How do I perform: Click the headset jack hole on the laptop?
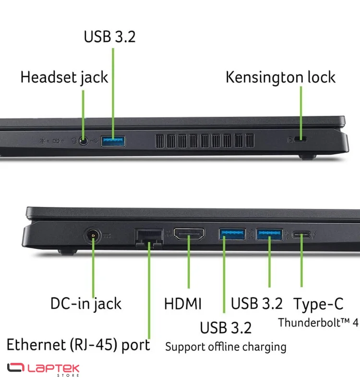[84, 141]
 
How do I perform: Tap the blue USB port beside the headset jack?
[113, 141]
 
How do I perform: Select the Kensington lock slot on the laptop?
[300, 139]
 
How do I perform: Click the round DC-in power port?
[93, 236]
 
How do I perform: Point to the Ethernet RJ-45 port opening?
[149, 238]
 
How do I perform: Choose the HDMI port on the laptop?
[189, 234]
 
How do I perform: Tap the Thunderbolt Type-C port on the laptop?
[301, 235]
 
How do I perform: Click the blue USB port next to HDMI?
[232, 234]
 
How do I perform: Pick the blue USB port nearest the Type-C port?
[269, 234]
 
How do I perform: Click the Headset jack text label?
[64, 77]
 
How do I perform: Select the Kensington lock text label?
[280, 77]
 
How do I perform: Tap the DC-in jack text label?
[86, 304]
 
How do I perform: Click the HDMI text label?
[183, 304]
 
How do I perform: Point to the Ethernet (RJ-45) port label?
[78, 345]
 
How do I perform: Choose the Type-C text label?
[318, 304]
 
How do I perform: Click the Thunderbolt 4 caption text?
[318, 323]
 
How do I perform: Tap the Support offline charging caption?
[226, 347]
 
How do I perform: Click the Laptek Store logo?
[43, 370]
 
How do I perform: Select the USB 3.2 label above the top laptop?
[109, 37]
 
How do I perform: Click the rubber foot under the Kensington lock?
[308, 157]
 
